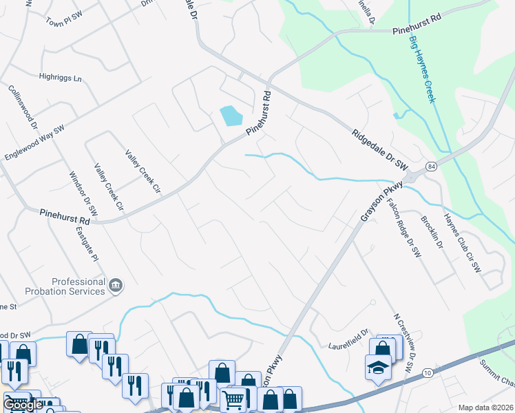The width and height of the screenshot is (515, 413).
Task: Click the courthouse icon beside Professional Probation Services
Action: (116, 284)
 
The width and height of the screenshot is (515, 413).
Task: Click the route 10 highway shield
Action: (428, 372)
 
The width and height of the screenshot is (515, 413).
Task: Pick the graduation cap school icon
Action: (377, 369)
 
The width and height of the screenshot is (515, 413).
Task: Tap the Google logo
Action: (23, 405)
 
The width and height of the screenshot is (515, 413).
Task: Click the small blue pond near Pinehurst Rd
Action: (231, 115)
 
